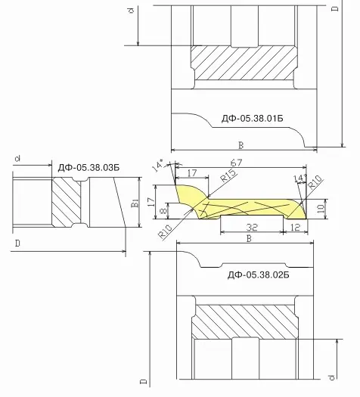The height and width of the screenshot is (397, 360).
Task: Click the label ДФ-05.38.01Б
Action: pos(253,118)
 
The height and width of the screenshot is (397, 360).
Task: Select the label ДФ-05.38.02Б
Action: pos(258,275)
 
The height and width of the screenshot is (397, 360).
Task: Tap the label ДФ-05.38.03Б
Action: pos(88,168)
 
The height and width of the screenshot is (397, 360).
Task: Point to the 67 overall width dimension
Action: pos(236,163)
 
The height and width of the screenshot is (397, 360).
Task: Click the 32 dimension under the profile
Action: pos(252,228)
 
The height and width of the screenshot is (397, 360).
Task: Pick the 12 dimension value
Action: pos(295,228)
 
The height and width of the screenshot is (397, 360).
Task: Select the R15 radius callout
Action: pos(228,175)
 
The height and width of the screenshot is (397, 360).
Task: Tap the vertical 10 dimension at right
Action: pos(320,209)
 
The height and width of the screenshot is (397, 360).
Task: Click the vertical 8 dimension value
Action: pos(164,210)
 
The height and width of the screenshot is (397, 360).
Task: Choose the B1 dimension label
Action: pos(135,203)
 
